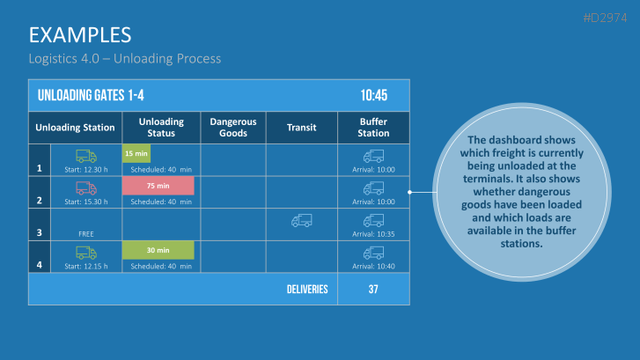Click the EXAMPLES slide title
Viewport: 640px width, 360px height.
click(x=80, y=34)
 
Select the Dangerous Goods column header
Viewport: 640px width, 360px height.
click(x=232, y=127)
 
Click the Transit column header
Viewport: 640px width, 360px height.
click(x=301, y=128)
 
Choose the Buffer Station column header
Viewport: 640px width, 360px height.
click(x=373, y=127)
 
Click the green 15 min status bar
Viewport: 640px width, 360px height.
click(x=136, y=153)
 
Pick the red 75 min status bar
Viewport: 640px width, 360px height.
click(x=158, y=186)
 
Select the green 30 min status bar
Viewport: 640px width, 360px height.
click(x=158, y=250)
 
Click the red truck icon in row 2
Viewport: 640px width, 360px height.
click(x=86, y=187)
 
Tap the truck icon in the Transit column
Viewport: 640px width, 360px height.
click(x=301, y=220)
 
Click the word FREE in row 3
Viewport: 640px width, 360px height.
click(x=86, y=235)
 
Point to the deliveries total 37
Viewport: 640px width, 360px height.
click(x=373, y=289)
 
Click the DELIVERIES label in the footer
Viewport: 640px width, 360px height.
click(x=307, y=289)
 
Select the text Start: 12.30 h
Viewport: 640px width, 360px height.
click(x=86, y=169)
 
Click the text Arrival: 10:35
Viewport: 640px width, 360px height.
click(x=373, y=235)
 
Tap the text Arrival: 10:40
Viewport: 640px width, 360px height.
click(x=373, y=267)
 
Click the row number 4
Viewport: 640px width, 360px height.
click(x=39, y=265)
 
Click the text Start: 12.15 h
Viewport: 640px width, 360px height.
click(x=86, y=267)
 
